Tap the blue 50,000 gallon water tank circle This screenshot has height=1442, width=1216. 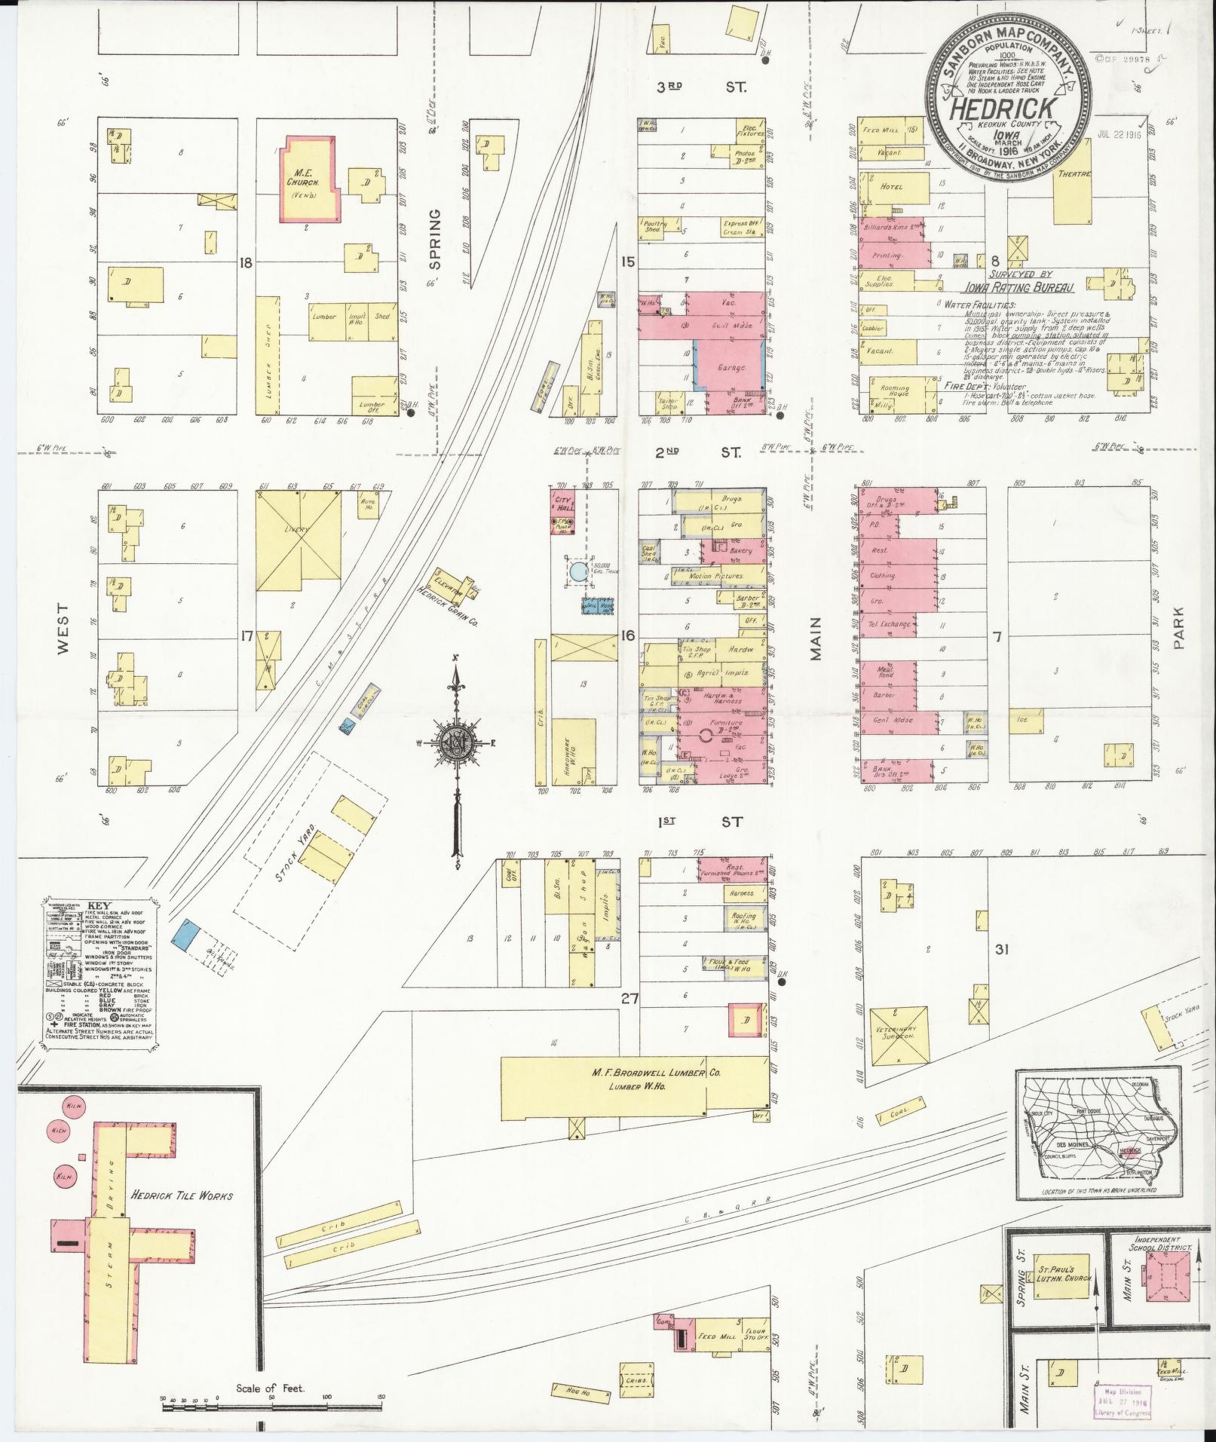pos(578,571)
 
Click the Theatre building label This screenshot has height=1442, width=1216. pos(1074,174)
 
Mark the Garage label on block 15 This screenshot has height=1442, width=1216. pos(732,368)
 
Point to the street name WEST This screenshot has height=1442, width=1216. pos(63,627)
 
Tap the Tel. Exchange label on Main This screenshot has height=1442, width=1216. pos(890,624)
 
